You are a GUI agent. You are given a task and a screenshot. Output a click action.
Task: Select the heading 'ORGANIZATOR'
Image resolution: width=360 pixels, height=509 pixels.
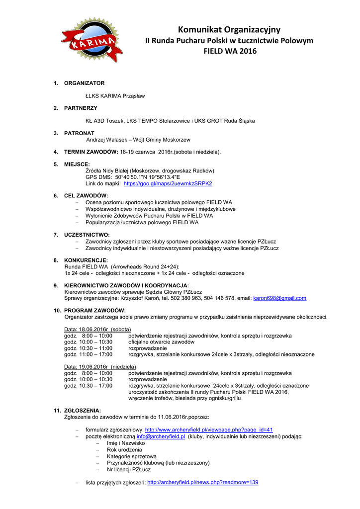(x=84, y=83)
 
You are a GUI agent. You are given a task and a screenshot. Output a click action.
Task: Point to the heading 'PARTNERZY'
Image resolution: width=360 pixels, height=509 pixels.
(x=81, y=108)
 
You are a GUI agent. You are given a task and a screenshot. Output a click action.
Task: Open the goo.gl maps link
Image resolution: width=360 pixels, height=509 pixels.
(x=168, y=183)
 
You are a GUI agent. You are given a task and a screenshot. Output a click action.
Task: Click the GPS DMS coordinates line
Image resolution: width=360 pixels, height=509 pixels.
(x=133, y=177)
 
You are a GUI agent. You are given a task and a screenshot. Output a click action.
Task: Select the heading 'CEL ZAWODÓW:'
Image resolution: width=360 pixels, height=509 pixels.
(x=86, y=196)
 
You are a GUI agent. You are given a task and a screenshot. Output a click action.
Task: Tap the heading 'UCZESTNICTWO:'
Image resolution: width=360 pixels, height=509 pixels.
(x=87, y=235)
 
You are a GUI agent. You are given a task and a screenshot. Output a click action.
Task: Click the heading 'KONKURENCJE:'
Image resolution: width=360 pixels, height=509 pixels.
(x=86, y=260)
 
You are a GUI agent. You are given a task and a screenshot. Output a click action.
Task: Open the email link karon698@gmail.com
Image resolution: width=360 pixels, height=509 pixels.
(x=279, y=298)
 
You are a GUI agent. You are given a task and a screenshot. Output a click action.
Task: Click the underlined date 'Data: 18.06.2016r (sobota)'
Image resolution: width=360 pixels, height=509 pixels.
(x=97, y=329)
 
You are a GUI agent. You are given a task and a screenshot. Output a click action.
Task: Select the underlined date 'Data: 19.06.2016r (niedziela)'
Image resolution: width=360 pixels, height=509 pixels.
(x=100, y=366)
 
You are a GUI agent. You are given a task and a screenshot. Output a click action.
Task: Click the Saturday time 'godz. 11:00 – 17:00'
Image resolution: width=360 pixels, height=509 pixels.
(x=89, y=354)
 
